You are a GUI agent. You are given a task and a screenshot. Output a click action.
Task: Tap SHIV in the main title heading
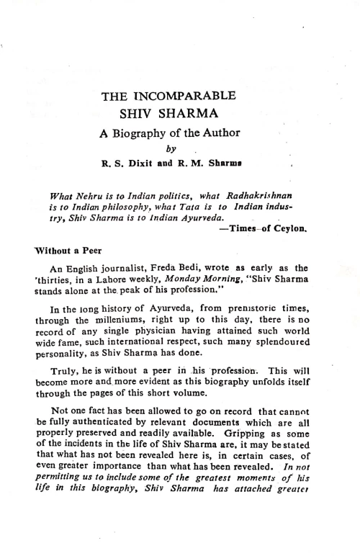point(138,115)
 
